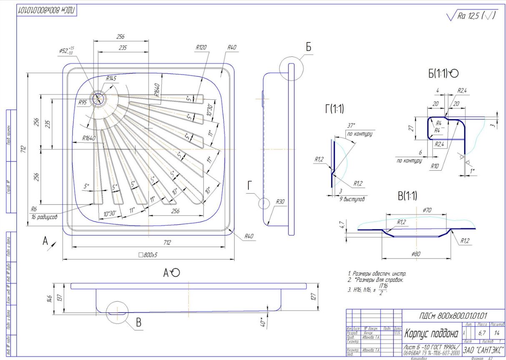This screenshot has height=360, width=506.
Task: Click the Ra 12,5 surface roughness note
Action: pos(471,16)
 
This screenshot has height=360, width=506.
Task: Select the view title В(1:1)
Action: pos(407,195)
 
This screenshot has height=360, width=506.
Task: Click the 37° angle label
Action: pos(351,126)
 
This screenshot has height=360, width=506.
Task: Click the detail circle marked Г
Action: pos(263,203)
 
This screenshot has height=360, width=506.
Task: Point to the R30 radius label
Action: pos(280,201)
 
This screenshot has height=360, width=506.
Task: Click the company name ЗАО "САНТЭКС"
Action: pos(483,349)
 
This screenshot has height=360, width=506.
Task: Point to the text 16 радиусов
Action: pos(43,217)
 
